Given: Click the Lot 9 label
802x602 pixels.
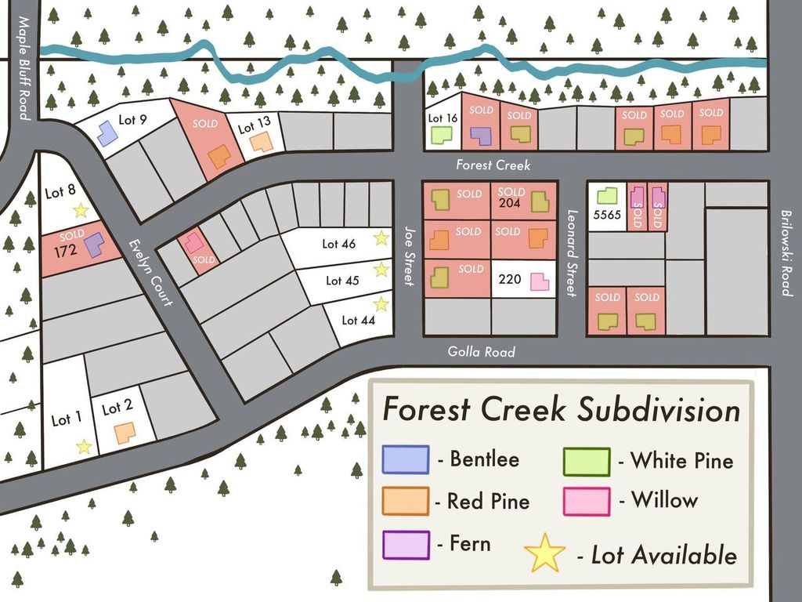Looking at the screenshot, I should pos(132,120).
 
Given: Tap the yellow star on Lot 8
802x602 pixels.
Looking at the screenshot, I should pos(80,210).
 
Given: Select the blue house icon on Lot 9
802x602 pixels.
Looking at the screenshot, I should pos(107,132).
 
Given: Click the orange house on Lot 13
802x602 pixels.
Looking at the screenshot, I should pos(262,142).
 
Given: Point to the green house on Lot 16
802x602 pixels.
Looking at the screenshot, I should pos(442,135).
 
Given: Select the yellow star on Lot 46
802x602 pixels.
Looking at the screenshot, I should pos(381,238).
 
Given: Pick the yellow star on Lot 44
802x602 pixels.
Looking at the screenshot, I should pos(381,304).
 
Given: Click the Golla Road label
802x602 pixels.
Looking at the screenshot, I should pos(481,352).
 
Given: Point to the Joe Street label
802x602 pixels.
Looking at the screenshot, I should pos(408,256).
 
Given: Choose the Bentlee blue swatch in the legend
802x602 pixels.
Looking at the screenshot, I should pos(406,459).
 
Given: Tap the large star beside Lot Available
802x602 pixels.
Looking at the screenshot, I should pos(545,553).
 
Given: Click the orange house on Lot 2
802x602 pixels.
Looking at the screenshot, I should pos(124,433).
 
